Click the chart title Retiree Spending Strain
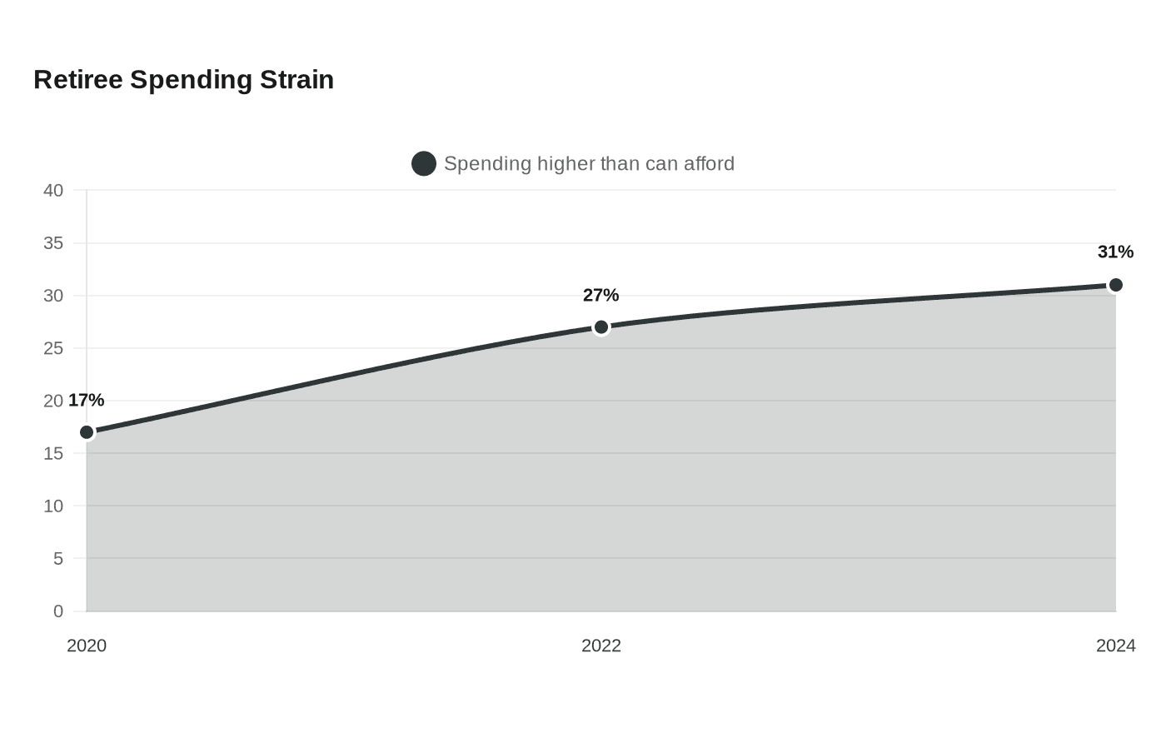pyautogui.click(x=184, y=80)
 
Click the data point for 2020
pyautogui.click(x=87, y=432)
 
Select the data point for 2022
pyautogui.click(x=601, y=327)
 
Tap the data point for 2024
pyautogui.click(x=1115, y=285)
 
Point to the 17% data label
pyautogui.click(x=87, y=401)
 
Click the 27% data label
pyautogui.click(x=600, y=295)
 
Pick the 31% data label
pyautogui.click(x=1115, y=252)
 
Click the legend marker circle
pyautogui.click(x=424, y=163)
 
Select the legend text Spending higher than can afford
pyautogui.click(x=590, y=163)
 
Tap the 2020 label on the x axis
pyautogui.click(x=87, y=646)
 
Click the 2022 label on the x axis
pyautogui.click(x=601, y=646)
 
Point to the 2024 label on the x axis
pyautogui.click(x=1115, y=646)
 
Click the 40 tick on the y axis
pyautogui.click(x=53, y=191)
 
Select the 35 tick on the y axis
pyautogui.click(x=53, y=243)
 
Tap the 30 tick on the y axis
pyautogui.click(x=53, y=296)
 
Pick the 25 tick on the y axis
pyautogui.click(x=53, y=348)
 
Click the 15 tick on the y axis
pyautogui.click(x=53, y=453)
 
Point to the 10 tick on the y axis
pyautogui.click(x=53, y=506)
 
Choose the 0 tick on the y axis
pyautogui.click(x=58, y=611)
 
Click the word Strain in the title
pyautogui.click(x=296, y=80)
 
